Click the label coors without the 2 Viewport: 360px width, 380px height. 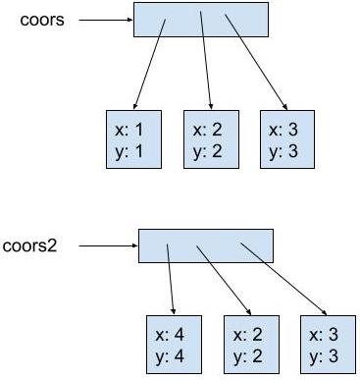[42, 20]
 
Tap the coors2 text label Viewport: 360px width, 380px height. [30, 244]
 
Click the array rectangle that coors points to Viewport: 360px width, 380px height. [200, 19]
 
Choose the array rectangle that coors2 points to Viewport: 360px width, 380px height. [205, 244]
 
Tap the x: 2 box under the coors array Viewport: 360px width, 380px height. [212, 139]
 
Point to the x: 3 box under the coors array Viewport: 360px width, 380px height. [286, 139]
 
